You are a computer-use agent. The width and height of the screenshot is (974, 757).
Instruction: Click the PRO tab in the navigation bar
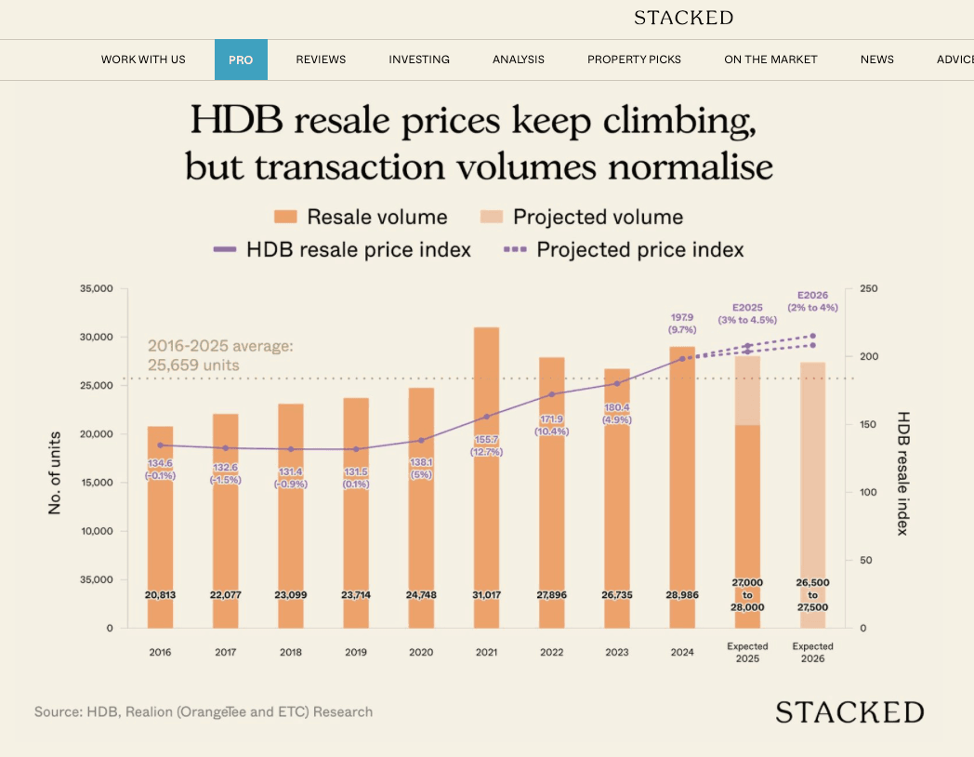[x=241, y=60]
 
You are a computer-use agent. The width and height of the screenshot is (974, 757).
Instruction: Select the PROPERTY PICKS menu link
[x=634, y=60]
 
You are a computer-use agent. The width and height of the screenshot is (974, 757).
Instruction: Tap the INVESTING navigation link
[x=419, y=60]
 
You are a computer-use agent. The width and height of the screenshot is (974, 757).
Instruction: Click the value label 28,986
[x=682, y=594]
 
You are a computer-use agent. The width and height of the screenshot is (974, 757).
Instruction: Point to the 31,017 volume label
[x=486, y=594]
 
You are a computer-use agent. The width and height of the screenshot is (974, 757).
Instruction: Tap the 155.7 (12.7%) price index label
[x=486, y=445]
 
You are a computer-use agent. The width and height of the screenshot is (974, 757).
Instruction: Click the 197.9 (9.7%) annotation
[x=682, y=323]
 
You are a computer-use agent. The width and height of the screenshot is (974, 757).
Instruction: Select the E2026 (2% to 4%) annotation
[x=812, y=300]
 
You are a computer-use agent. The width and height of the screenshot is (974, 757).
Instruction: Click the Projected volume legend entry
[x=582, y=218]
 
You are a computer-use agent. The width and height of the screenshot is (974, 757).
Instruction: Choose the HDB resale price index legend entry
[x=342, y=250]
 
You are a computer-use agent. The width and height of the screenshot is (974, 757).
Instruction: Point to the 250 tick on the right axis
[x=868, y=289]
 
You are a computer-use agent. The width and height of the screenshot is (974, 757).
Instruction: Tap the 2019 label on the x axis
[x=355, y=653]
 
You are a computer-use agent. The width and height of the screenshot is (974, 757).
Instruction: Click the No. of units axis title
[x=55, y=472]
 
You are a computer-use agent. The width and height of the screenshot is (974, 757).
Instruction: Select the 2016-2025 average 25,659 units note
[x=220, y=355]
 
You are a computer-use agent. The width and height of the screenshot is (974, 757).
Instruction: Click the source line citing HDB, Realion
[x=204, y=712]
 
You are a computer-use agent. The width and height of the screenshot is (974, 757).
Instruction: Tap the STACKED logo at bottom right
[x=849, y=713]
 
